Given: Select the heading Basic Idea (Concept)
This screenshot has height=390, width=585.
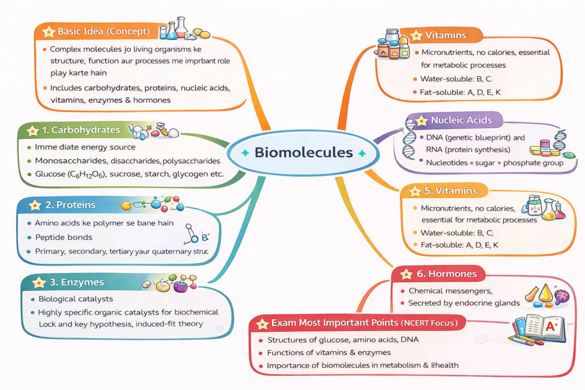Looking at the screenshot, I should pos(103,31).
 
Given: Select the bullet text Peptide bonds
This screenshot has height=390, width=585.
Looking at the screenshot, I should pos(63,237).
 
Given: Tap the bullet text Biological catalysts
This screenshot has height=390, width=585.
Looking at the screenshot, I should pos(75,299).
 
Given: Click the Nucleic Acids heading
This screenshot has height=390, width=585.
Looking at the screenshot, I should pos(460,120).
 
